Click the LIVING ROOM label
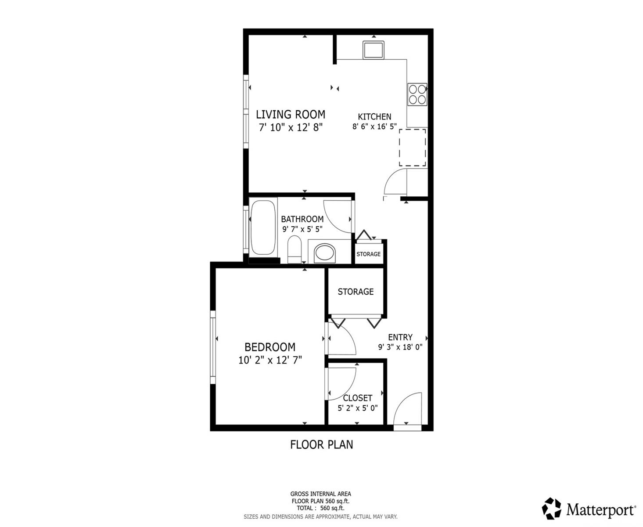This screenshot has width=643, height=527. (290, 115)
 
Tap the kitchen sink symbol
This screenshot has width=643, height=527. (373, 50)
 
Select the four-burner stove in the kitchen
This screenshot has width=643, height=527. (417, 94)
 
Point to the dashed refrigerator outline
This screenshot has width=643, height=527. (412, 148)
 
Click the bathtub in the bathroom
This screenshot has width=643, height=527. (263, 227)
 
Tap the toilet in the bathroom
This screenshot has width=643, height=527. (294, 249)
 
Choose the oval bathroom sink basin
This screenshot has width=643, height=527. (325, 253)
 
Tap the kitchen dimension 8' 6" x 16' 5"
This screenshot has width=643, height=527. (374, 126)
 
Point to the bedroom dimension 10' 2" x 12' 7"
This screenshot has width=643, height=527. (270, 360)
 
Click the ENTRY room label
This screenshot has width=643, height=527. (400, 337)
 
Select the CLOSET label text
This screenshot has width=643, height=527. (357, 398)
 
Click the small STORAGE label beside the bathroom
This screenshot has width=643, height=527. (368, 254)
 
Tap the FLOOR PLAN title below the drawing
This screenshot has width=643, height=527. (321, 444)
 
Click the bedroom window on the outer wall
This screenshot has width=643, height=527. (213, 347)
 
